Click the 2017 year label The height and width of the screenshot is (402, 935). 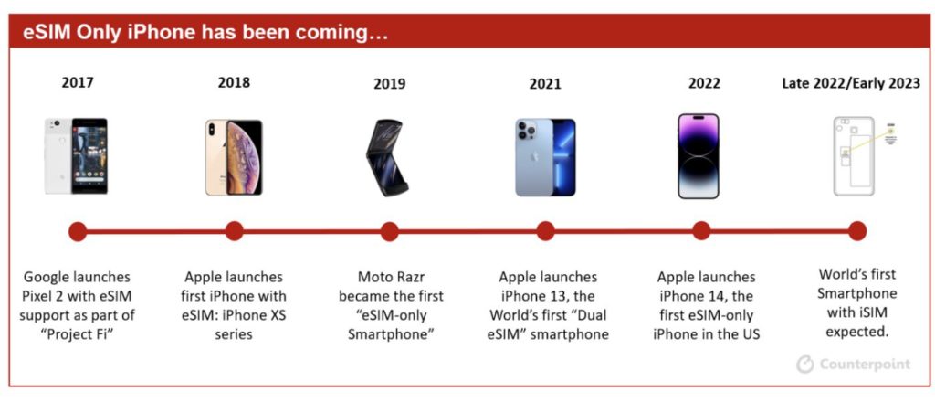click(78, 83)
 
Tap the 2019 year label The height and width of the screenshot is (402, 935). click(389, 84)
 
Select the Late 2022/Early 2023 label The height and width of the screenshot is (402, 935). click(851, 83)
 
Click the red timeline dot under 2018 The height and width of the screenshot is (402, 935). click(235, 231)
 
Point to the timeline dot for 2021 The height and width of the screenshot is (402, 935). click(545, 231)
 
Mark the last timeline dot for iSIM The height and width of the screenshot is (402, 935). click(856, 231)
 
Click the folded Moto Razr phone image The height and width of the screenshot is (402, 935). click(387, 158)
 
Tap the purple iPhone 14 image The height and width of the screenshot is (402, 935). click(699, 156)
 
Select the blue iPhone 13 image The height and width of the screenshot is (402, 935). click(546, 157)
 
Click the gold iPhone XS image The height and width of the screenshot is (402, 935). click(234, 157)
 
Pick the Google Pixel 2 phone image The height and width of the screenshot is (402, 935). click(77, 155)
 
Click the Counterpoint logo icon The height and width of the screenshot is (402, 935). click(805, 365)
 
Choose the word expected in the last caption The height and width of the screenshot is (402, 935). click(856, 333)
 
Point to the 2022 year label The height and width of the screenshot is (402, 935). click(704, 83)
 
